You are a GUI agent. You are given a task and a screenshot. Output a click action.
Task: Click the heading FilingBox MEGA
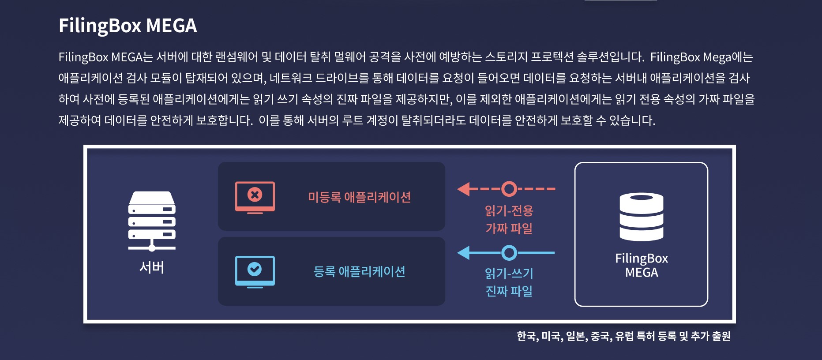click(128, 26)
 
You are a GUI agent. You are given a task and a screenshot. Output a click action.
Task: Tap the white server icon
click(152, 221)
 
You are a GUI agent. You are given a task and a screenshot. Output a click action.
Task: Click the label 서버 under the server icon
click(152, 267)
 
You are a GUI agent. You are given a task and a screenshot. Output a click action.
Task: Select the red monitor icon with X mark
click(255, 197)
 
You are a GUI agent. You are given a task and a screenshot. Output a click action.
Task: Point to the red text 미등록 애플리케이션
click(359, 197)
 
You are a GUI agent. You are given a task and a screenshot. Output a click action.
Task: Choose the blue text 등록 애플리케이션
click(359, 271)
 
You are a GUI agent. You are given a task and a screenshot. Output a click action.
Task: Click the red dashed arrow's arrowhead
click(464, 189)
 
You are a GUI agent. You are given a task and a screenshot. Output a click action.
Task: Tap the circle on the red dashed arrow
click(509, 189)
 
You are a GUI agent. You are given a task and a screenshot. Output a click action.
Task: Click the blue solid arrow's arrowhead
click(464, 253)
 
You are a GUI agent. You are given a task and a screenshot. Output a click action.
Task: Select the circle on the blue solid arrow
click(509, 253)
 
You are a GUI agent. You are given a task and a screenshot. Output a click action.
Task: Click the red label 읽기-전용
click(509, 210)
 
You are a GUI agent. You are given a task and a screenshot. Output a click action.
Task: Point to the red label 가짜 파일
click(509, 228)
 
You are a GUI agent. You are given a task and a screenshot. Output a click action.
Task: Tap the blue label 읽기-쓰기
click(509, 273)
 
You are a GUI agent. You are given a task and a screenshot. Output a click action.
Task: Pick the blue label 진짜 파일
click(509, 291)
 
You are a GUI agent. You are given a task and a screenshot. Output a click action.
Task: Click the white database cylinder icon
click(642, 217)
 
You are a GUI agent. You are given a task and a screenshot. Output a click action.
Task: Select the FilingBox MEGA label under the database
click(642, 265)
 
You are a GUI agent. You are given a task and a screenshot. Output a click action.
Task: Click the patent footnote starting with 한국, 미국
click(624, 336)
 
